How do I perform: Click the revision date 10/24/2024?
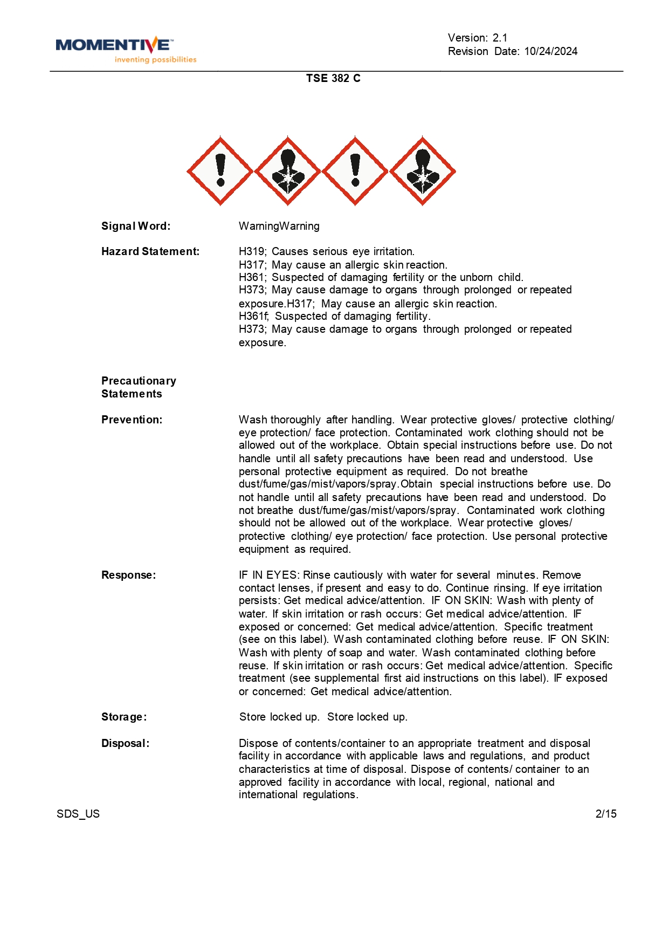pos(550,51)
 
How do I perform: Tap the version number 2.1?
pos(500,38)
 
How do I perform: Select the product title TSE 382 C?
pos(333,78)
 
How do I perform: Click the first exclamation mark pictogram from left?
pos(220,171)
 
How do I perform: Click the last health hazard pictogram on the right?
pos(423,171)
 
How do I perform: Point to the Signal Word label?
pos(136,226)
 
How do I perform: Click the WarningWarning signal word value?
pos(279,226)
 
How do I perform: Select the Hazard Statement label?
pos(150,251)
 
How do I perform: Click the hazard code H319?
pos(251,251)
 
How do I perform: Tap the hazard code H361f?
pos(253,316)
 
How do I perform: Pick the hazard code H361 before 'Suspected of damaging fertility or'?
pos(251,277)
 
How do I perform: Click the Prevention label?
pos(132,420)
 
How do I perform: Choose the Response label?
pos(128,575)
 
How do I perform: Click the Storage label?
pos(124,717)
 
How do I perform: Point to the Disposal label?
pos(126,743)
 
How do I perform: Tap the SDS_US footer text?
pos(78,814)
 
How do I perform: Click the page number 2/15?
pos(606,814)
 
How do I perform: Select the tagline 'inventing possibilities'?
pos(155,60)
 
